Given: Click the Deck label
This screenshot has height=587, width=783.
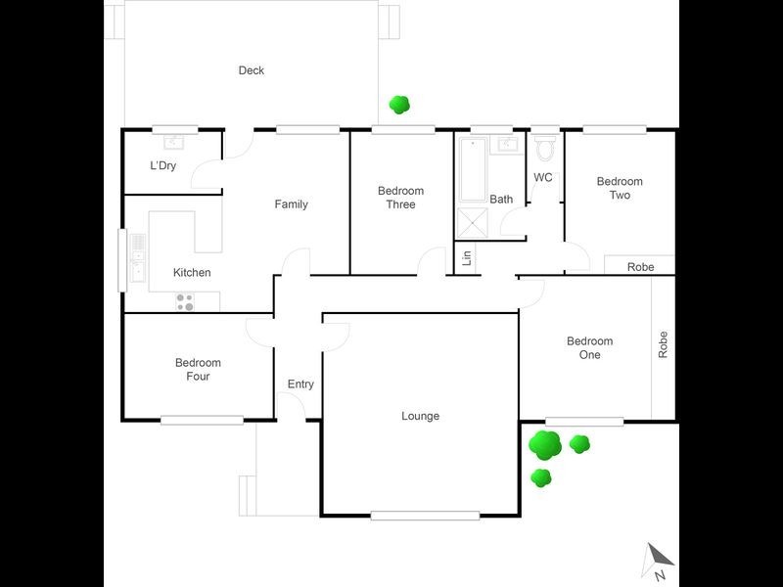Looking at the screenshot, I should point(252,70).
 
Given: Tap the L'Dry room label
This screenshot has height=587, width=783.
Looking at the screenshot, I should point(162,166).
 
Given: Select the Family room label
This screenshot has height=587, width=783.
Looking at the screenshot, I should point(291,204).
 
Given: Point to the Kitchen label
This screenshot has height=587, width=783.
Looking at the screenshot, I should point(192,273).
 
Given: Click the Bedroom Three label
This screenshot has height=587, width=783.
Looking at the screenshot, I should point(400,198).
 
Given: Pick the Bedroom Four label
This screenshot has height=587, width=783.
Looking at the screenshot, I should point(198,370).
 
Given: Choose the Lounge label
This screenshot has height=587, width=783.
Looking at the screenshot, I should point(420,417).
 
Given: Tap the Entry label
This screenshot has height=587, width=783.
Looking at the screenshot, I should point(300,384).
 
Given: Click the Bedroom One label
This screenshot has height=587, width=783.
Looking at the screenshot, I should point(589,348).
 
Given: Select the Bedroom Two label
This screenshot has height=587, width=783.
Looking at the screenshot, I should point(620,188).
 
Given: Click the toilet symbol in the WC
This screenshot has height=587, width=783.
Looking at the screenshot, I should point(545,149).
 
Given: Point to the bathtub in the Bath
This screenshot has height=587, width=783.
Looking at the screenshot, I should point(473,170).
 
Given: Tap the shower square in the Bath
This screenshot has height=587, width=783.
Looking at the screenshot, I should point(474,223).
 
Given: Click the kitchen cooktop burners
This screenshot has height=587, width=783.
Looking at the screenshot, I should point(185,301).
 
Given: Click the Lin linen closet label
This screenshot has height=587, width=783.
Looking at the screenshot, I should point(467,259).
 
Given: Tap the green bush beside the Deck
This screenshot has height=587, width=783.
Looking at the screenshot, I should point(398,103).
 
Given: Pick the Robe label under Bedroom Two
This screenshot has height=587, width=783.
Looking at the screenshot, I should point(641,267).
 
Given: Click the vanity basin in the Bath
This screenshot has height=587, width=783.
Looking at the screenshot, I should point(507,145).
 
